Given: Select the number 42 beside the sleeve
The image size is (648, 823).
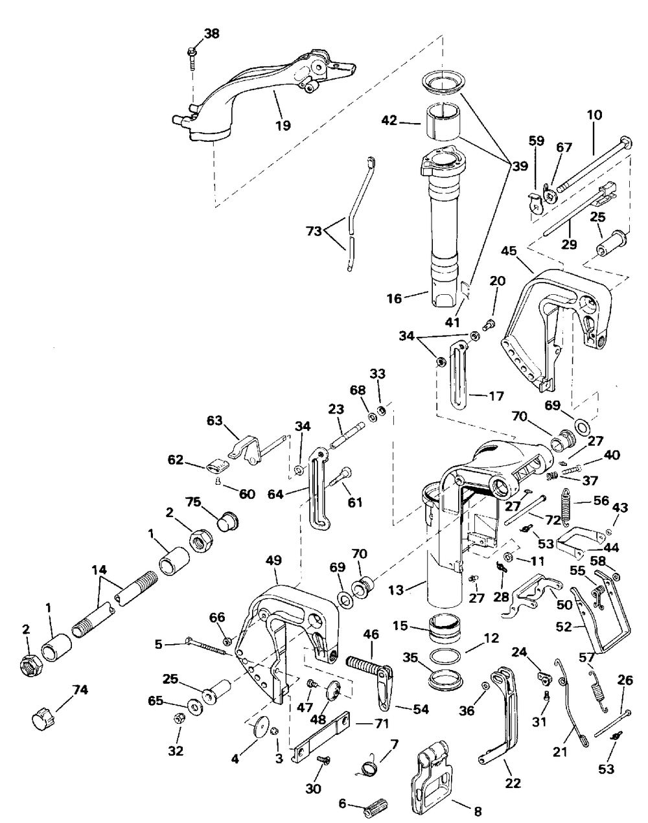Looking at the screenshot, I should [407, 121].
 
